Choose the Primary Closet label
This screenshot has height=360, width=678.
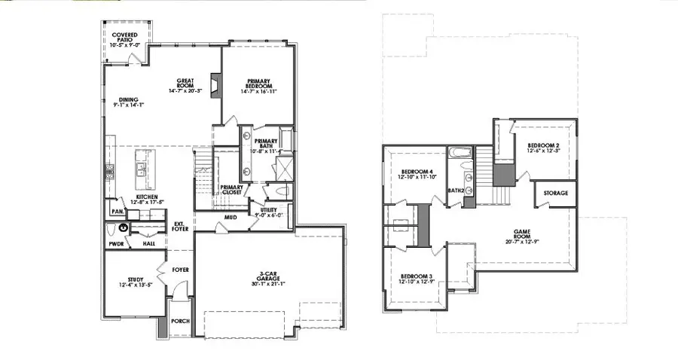[x=231, y=190]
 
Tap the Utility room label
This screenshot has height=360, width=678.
[x=270, y=212]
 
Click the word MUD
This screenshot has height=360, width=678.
[x=231, y=218]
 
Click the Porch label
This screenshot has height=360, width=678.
[x=181, y=321]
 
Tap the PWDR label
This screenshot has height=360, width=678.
[x=115, y=244]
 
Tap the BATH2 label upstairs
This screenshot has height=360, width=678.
[x=454, y=191]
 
